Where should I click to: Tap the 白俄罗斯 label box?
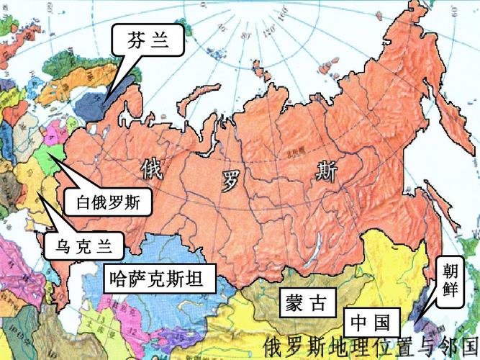coord(108,202)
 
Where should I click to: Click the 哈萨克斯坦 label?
coord(160,276)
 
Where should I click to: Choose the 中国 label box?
coord(371,320)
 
